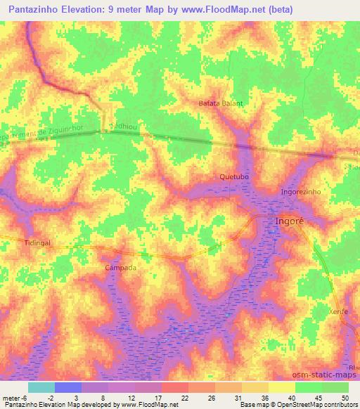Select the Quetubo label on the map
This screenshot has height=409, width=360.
pyautogui.click(x=235, y=176)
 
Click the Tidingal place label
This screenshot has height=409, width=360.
pyautogui.click(x=18, y=242)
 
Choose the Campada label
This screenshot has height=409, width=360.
pyautogui.click(x=120, y=268)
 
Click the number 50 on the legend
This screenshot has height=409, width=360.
pyautogui.click(x=345, y=398)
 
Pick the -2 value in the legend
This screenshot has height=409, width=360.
pyautogui.click(x=51, y=398)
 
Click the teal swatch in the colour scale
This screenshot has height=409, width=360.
pyautogui.click(x=41, y=387)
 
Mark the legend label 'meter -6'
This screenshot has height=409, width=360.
pyautogui.click(x=13, y=398)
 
